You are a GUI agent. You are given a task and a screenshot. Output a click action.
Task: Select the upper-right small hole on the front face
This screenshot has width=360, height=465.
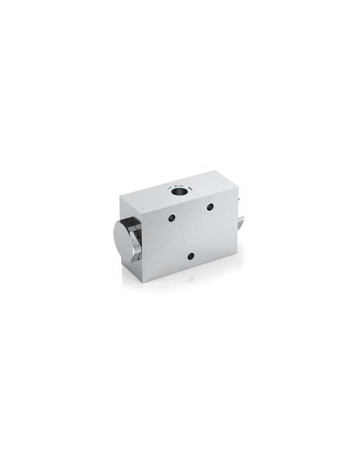[209, 209]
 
